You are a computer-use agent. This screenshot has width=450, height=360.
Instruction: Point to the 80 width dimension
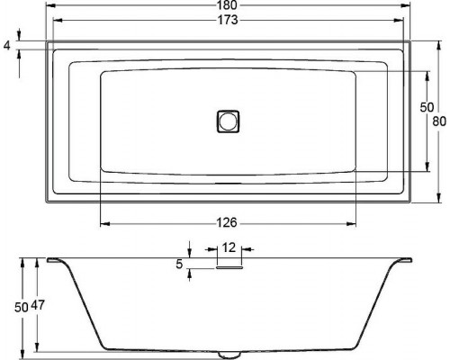438,121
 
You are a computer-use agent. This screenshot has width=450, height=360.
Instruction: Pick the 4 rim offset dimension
8,42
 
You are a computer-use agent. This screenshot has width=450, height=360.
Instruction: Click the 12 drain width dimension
229,247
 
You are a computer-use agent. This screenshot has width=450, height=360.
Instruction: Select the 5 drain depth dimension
181,264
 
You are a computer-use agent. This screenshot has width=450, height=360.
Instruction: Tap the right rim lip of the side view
401,261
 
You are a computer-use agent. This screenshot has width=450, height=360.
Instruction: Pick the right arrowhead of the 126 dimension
355,222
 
